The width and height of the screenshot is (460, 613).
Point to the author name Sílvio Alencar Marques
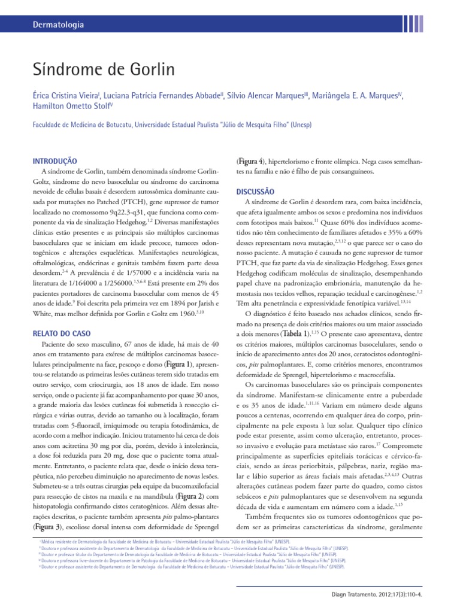272,96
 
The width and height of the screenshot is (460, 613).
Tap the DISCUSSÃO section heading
256,192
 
